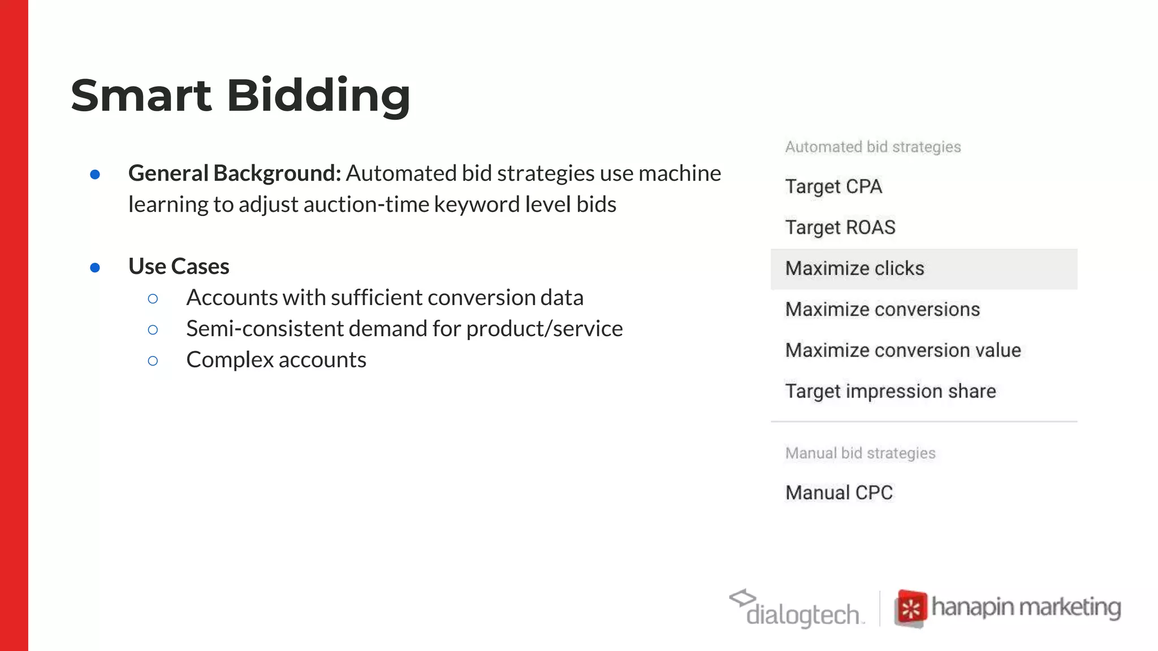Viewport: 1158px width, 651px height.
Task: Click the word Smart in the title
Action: click(x=141, y=96)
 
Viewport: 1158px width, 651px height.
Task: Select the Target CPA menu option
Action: click(x=833, y=186)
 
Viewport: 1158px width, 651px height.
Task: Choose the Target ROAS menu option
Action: click(x=840, y=227)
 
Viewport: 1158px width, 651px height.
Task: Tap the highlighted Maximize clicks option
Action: click(x=854, y=268)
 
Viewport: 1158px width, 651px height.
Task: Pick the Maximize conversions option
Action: click(x=882, y=310)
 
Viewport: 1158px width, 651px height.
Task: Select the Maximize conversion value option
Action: click(x=903, y=350)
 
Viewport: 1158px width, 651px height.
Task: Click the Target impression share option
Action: click(x=891, y=391)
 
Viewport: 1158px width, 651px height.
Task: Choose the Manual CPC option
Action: click(x=839, y=493)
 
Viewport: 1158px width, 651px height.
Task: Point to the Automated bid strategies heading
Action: click(x=872, y=147)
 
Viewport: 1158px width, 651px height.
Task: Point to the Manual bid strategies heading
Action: click(x=860, y=453)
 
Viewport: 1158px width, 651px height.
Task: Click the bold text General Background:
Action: click(x=235, y=173)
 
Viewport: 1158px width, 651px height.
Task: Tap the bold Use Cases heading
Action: click(x=179, y=266)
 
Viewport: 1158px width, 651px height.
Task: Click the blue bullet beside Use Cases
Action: click(x=95, y=267)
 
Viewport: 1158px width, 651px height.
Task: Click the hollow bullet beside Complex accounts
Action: click(x=153, y=361)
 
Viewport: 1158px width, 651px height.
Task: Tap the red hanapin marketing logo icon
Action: click(x=911, y=608)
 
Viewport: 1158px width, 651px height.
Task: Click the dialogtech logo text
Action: click(x=803, y=614)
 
